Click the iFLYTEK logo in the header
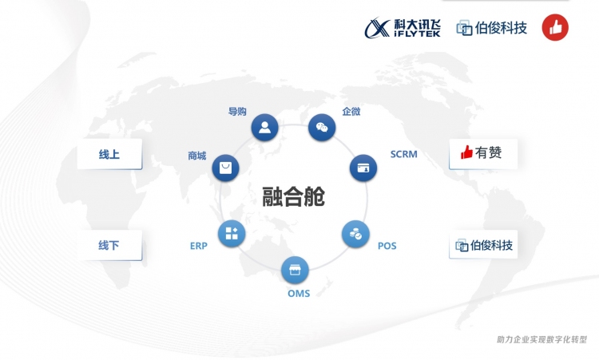403,28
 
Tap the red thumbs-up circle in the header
555,27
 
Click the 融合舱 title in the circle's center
293,196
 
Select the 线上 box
109,154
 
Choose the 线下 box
109,245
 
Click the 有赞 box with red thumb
483,154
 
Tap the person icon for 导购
264,127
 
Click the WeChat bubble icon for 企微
322,127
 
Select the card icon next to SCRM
363,168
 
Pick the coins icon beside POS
355,234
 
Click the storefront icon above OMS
295,270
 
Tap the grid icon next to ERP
232,234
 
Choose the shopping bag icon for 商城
225,168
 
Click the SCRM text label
404,154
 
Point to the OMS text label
299,294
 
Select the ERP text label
199,246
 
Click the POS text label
387,246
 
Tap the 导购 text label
237,112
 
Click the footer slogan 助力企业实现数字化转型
541,339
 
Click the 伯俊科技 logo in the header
492,28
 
